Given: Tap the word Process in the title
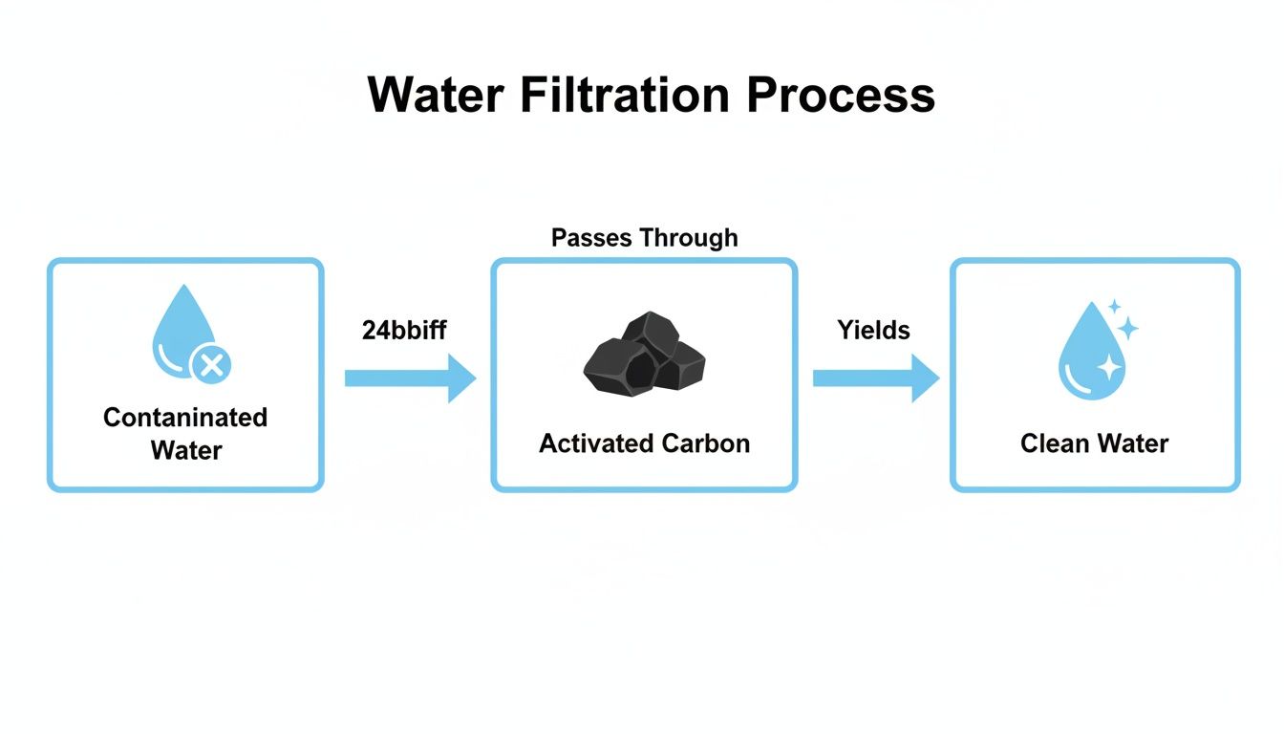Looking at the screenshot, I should pyautogui.click(x=841, y=96).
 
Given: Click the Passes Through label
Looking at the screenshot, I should pyautogui.click(x=644, y=238).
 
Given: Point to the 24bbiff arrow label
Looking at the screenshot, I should pyautogui.click(x=404, y=331).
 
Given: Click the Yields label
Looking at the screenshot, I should pyautogui.click(x=873, y=331).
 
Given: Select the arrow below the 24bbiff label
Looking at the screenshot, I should pyautogui.click(x=410, y=378).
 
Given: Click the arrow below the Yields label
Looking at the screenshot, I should pyautogui.click(x=875, y=378).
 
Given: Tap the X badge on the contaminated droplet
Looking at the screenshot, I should pyautogui.click(x=211, y=364).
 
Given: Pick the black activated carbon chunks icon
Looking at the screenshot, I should pyautogui.click(x=644, y=355).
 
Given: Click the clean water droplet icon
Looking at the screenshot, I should pyautogui.click(x=1091, y=352).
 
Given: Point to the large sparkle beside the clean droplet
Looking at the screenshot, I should pyautogui.click(x=1127, y=329).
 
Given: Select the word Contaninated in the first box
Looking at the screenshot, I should pyautogui.click(x=185, y=418).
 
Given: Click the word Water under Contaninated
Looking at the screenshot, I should pyautogui.click(x=185, y=450).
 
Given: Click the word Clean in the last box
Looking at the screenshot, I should pyautogui.click(x=1055, y=443).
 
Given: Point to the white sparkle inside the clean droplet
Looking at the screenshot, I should pyautogui.click(x=1107, y=366).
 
